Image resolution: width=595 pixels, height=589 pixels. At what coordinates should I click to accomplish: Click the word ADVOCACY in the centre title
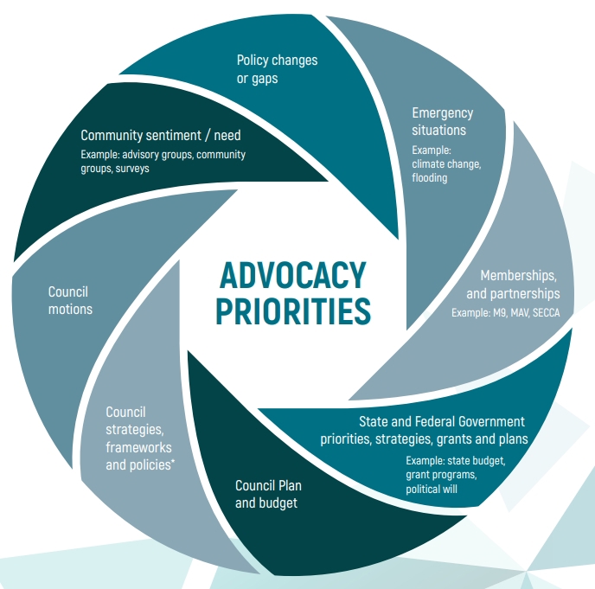[x=292, y=276]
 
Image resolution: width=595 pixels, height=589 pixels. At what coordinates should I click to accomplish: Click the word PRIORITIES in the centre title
[x=292, y=311]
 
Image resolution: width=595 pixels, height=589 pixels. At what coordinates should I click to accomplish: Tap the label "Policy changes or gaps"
[x=277, y=69]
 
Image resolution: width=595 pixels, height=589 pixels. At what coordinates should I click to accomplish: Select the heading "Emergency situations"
[x=442, y=122]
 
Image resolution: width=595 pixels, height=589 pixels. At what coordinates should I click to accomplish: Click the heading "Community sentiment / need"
[x=161, y=135]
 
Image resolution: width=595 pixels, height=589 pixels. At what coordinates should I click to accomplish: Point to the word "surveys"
[x=132, y=169]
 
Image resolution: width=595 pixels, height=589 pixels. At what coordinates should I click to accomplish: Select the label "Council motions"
[x=70, y=300]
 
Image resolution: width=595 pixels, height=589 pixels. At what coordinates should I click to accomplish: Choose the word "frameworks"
[x=138, y=447]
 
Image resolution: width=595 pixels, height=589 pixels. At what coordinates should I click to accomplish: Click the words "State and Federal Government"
[x=441, y=422]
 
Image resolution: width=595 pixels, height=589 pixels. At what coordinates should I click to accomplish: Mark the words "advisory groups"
[x=152, y=155]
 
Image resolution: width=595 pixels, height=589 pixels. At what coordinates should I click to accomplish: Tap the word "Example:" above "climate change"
[x=430, y=149]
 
